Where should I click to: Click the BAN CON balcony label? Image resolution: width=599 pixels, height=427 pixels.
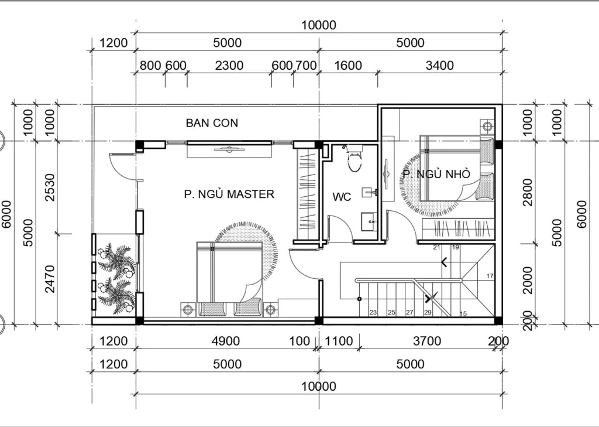[x=212, y=123]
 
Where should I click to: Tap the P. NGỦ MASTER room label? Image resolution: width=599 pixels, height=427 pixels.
[x=229, y=194]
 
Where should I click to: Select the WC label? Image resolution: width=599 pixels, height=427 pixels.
[x=342, y=197]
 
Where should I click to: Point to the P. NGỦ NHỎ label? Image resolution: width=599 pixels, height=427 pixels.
[x=436, y=174]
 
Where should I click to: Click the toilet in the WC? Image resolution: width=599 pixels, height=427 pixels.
[x=354, y=158]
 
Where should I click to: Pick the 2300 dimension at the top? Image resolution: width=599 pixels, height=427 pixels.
[x=229, y=66]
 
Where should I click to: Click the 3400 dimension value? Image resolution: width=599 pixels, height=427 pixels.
[x=440, y=66]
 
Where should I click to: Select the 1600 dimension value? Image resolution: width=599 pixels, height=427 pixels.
[x=348, y=66]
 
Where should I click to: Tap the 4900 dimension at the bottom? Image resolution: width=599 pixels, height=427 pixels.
[x=226, y=341]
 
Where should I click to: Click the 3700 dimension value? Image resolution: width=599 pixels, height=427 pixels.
[x=427, y=341]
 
